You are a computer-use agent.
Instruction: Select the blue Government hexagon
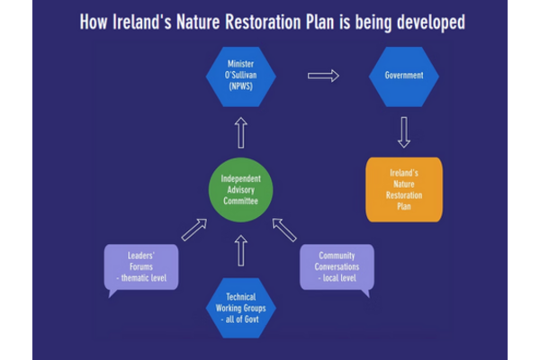(404, 76)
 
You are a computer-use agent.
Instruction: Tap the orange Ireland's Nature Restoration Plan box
(404, 189)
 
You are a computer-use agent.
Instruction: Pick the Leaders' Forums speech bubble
(141, 267)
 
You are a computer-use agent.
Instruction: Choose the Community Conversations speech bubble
(336, 267)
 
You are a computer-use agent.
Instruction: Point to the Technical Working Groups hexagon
(241, 307)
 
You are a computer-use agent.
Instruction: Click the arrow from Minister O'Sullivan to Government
(323, 76)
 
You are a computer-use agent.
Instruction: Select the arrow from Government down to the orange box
(404, 131)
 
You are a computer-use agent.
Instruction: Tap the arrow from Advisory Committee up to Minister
(241, 134)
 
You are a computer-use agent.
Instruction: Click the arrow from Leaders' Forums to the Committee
(193, 229)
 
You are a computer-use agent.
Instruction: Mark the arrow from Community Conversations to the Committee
(285, 229)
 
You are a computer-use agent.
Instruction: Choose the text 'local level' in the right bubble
(336, 277)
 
